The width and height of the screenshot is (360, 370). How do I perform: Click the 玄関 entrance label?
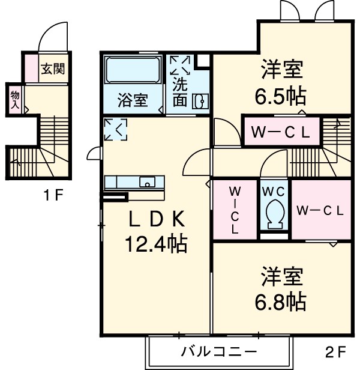(x=53, y=68)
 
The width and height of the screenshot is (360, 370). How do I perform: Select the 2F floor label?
(x=335, y=350)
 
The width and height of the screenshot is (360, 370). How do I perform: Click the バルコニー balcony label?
(x=220, y=350)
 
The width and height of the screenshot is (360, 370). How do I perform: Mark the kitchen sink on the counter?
(x=147, y=181)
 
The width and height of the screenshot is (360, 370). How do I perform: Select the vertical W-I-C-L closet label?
(x=235, y=210)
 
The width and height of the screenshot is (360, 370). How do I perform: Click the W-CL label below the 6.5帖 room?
(x=281, y=133)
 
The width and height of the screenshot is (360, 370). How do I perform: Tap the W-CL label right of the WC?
(x=320, y=210)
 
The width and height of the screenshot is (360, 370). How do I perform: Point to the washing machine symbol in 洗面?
(x=179, y=65)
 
